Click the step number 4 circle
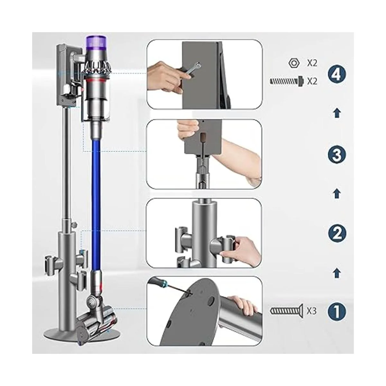(x=337, y=75)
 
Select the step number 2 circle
(x=337, y=234)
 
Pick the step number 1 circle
(x=337, y=311)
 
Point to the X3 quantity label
(x=311, y=311)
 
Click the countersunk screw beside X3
(x=287, y=311)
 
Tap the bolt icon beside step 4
(x=286, y=81)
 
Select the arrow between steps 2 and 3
(x=337, y=194)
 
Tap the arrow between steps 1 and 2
(x=337, y=273)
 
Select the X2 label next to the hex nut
(x=312, y=63)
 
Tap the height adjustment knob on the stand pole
(x=75, y=224)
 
